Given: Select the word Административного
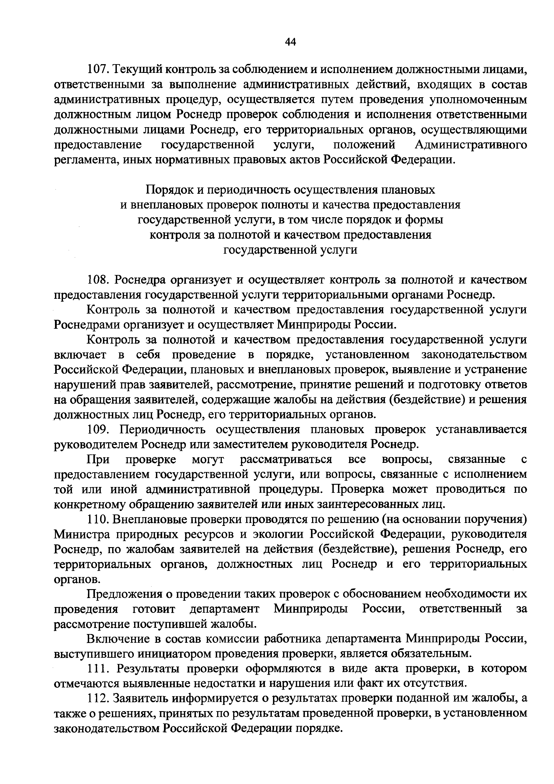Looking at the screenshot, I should [x=471, y=145].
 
